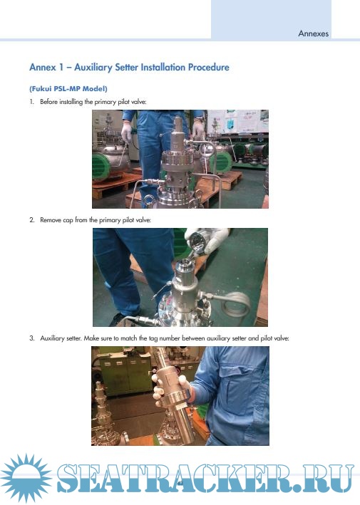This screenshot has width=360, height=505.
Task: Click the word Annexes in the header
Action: pyautogui.click(x=313, y=33)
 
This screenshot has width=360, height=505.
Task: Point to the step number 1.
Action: pyautogui.click(x=31, y=102)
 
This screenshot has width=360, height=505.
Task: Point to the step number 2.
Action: pyautogui.click(x=31, y=220)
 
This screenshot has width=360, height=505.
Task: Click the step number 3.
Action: pyautogui.click(x=31, y=338)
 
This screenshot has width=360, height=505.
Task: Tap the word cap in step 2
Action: pyautogui.click(x=68, y=221)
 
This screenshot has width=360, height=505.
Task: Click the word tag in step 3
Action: pyautogui.click(x=153, y=339)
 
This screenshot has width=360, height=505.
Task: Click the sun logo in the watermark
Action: pyautogui.click(x=26, y=477)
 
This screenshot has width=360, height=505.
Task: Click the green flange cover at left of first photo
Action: pyautogui.click(x=103, y=167)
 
